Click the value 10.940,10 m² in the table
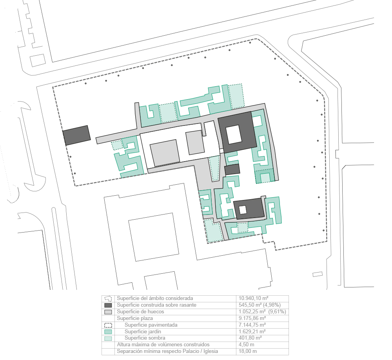tap(253, 298)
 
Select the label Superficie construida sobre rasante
tap(156, 305)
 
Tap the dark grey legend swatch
tap(108, 305)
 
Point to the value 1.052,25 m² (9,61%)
tap(262, 312)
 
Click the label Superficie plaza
tap(135, 318)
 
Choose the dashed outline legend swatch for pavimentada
tap(108, 325)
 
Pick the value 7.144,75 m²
tap(252, 325)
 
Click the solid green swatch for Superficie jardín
tap(108, 332)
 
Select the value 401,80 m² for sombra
tap(250, 338)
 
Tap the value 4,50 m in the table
tap(246, 345)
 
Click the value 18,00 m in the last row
tap(247, 351)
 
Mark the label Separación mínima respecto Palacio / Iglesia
tap(167, 351)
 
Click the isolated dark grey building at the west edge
tap(76, 135)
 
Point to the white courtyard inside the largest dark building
tap(234, 135)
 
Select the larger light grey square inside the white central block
tap(165, 153)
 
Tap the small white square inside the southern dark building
tap(243, 210)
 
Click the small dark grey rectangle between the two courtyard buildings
tap(232, 169)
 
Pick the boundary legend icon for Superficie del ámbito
tap(108, 298)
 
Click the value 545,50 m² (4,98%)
tap(260, 305)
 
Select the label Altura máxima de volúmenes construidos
tap(163, 345)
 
